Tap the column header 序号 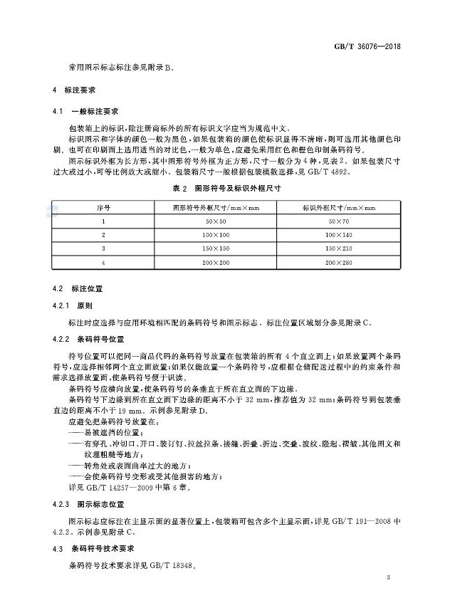click(x=103, y=207)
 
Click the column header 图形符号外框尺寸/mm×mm click(x=208, y=207)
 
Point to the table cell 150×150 click(x=208, y=248)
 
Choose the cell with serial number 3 click(x=103, y=248)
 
